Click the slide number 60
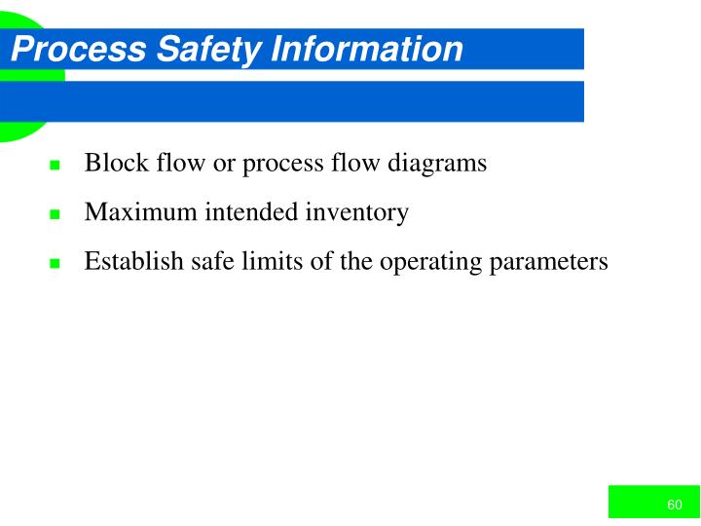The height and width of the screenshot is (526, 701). coord(675,504)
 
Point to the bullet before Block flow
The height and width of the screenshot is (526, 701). coord(55,165)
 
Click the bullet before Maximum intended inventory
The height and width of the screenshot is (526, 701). coord(55,214)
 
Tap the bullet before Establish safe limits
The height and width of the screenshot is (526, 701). coord(55,264)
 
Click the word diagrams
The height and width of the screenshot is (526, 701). coord(437,163)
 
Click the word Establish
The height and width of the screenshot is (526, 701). coord(129,261)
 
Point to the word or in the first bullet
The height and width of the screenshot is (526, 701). coord(223,163)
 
